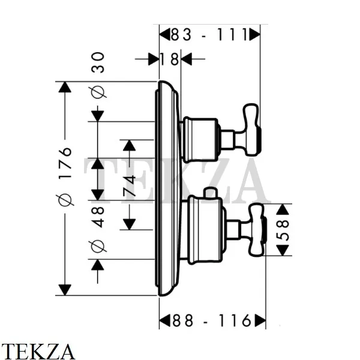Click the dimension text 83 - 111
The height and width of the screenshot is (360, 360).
click(209, 35)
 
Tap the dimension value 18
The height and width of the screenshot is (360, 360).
click(170, 59)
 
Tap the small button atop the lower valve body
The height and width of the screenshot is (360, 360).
click(209, 192)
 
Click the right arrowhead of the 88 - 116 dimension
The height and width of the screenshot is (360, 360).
click(259, 321)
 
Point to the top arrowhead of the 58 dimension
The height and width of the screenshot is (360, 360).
click(283, 209)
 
